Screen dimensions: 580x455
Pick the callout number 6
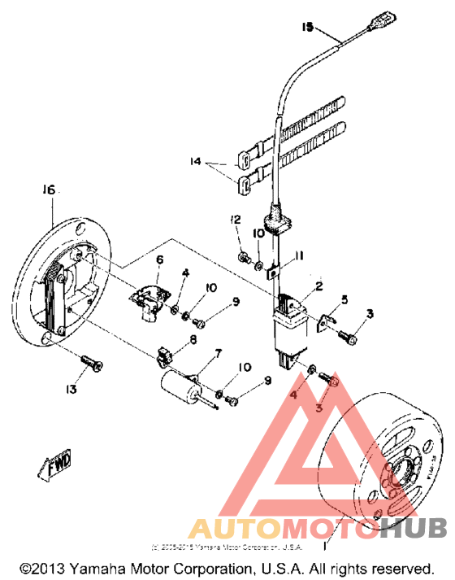pyautogui.click(x=159, y=259)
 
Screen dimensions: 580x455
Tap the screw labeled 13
pyautogui.click(x=91, y=364)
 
